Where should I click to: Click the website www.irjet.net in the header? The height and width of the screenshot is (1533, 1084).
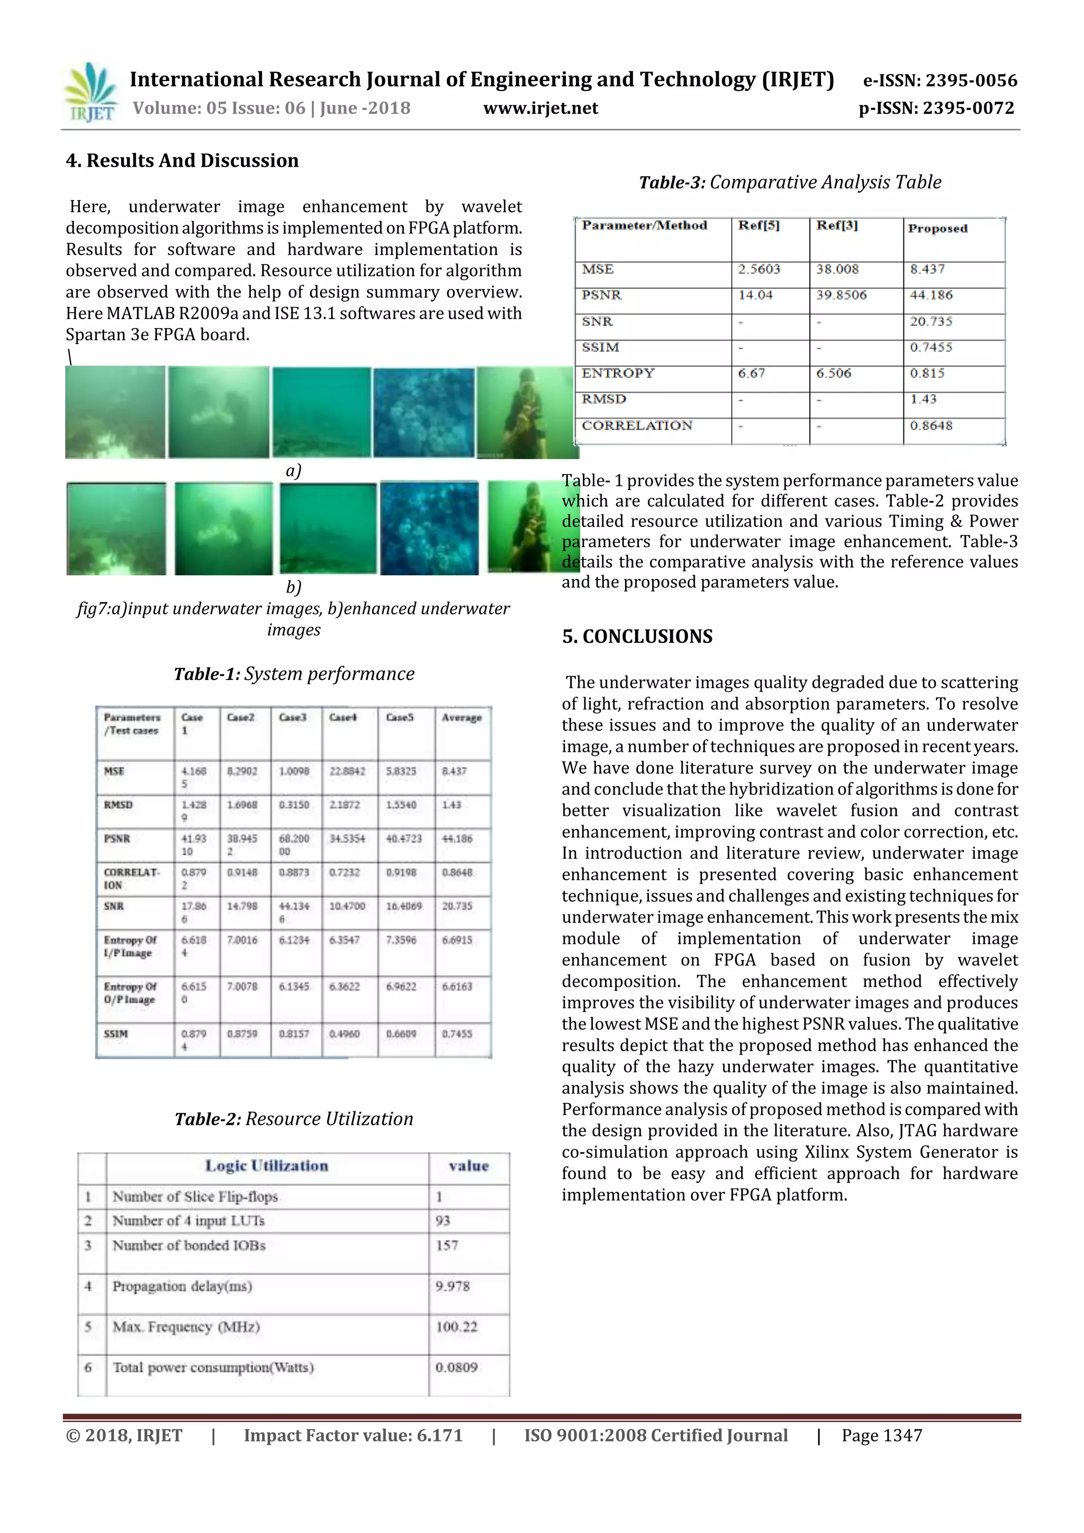540,108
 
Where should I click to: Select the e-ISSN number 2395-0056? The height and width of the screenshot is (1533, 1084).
941,81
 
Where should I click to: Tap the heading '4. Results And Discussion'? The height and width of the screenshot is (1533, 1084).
182,160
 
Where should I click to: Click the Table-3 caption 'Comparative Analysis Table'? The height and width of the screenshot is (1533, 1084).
790,182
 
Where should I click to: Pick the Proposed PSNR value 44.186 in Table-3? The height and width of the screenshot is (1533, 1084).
931,295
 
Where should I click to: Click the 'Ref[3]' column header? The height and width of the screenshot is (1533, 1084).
836,225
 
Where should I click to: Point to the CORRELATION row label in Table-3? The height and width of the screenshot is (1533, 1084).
637,426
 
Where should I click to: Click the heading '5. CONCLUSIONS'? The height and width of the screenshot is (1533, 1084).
637,636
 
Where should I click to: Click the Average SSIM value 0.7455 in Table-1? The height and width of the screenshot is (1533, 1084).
457,1033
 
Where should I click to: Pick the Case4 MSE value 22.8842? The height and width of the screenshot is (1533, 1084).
347,771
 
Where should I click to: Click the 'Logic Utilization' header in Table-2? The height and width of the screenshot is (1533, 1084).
266,1166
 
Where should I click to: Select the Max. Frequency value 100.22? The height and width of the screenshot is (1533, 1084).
456,1327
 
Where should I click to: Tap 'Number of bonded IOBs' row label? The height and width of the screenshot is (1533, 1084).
188,1246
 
